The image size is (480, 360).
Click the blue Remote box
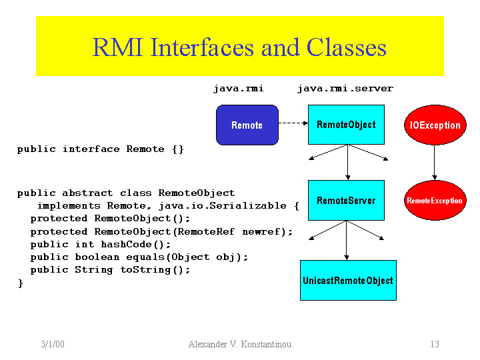247,125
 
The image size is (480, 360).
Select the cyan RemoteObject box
346,125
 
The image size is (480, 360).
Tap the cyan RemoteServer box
346,200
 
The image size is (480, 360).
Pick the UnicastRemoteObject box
347,280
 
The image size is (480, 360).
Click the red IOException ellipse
435,125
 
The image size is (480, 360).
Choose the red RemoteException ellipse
434,200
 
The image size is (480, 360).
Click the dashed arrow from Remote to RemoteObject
292,123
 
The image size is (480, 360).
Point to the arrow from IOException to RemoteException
435,162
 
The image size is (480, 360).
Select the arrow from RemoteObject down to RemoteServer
347,162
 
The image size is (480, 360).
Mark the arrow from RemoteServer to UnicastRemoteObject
347,240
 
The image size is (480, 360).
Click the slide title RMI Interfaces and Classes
239,48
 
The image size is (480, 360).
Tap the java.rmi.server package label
345,89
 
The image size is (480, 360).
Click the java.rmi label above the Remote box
238,89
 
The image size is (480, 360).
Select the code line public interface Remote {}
101,149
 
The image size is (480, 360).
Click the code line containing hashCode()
101,244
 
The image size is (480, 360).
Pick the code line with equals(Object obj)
139,257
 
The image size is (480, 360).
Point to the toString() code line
110,269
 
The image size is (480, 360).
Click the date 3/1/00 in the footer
52,345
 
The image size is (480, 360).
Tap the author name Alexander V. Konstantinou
240,345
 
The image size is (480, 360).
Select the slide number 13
434,345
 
